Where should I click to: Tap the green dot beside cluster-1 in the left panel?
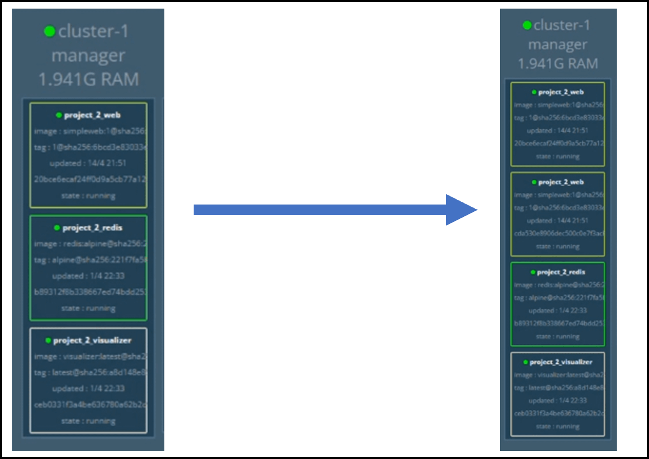click(49, 31)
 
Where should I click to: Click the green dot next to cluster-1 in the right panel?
click(527, 25)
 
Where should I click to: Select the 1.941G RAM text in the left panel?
click(88, 80)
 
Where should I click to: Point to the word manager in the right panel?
click(557, 44)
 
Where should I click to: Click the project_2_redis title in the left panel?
click(92, 228)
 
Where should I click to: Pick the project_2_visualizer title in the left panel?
click(92, 340)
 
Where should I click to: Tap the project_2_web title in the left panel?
click(92, 115)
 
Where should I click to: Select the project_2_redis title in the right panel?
click(561, 272)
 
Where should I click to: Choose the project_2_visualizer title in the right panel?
click(561, 362)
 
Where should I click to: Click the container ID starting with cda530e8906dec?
click(559, 233)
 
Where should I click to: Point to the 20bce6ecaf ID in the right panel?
click(559, 144)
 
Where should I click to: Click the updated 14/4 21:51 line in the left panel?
click(88, 163)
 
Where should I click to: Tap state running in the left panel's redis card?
click(88, 308)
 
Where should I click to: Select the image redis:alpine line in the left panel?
click(90, 244)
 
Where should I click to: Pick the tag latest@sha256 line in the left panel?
click(90, 372)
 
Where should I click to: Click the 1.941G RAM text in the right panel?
click(558, 64)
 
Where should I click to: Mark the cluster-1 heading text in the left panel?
click(93, 31)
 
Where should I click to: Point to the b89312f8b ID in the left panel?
click(90, 292)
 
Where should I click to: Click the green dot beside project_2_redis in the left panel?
click(57, 228)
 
